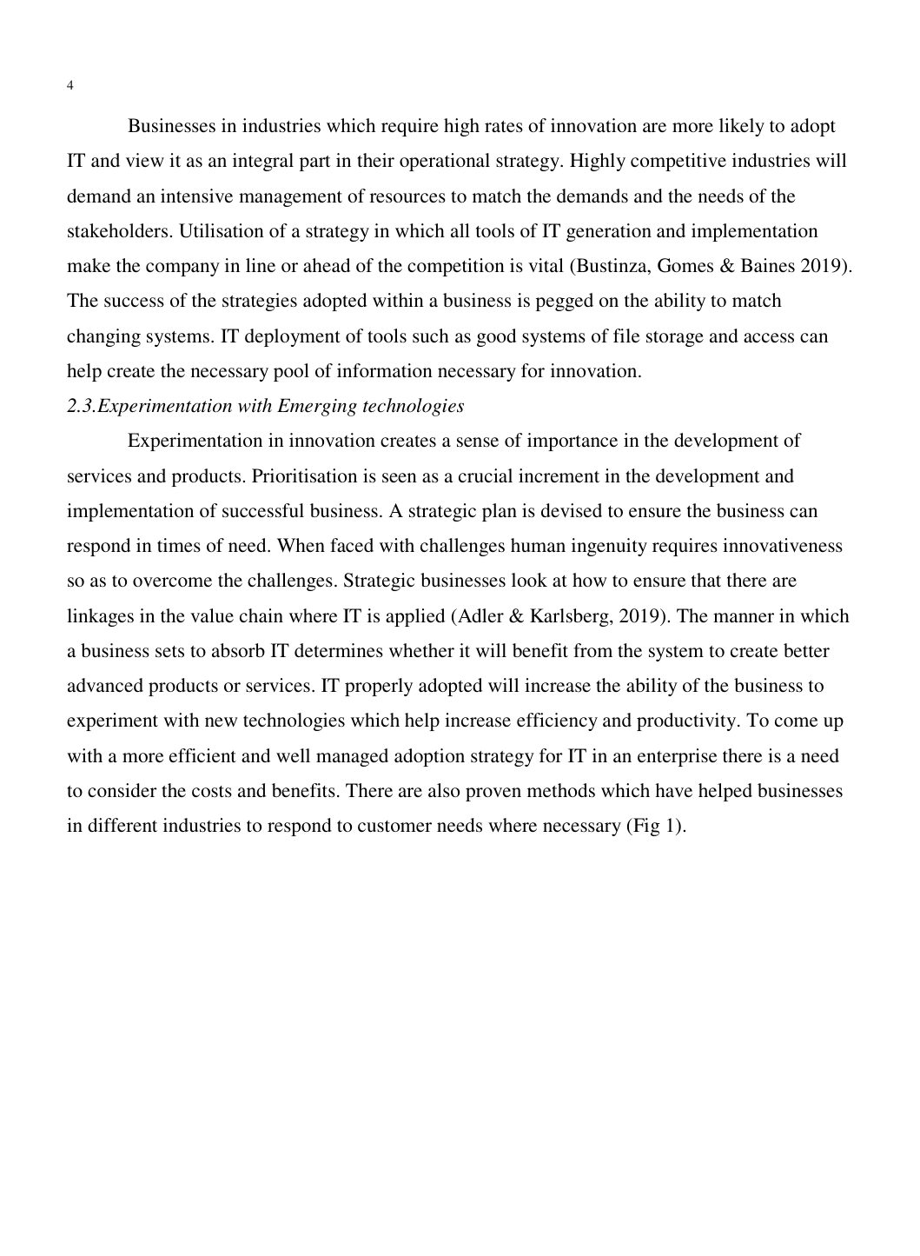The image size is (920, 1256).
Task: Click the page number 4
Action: click(70, 86)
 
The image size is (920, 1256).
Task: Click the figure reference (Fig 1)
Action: click(656, 826)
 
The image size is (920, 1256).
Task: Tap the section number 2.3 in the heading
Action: click(82, 406)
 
